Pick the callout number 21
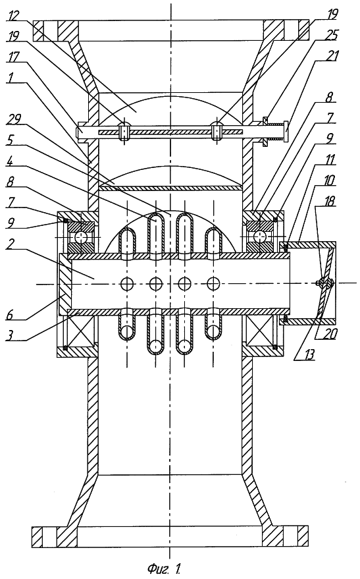(332, 57)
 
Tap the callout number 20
(330, 333)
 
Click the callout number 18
(330, 201)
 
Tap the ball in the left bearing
(79, 236)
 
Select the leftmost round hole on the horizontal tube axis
(127, 284)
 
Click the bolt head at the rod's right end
(288, 132)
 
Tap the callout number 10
(330, 180)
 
